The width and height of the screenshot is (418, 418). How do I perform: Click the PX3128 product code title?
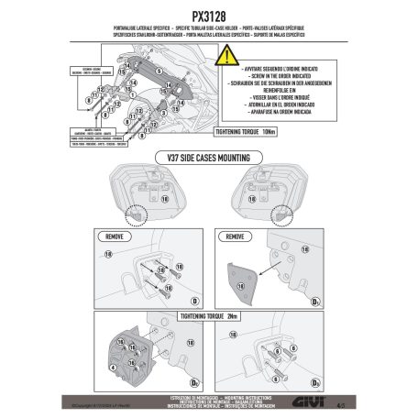click(208, 16)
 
